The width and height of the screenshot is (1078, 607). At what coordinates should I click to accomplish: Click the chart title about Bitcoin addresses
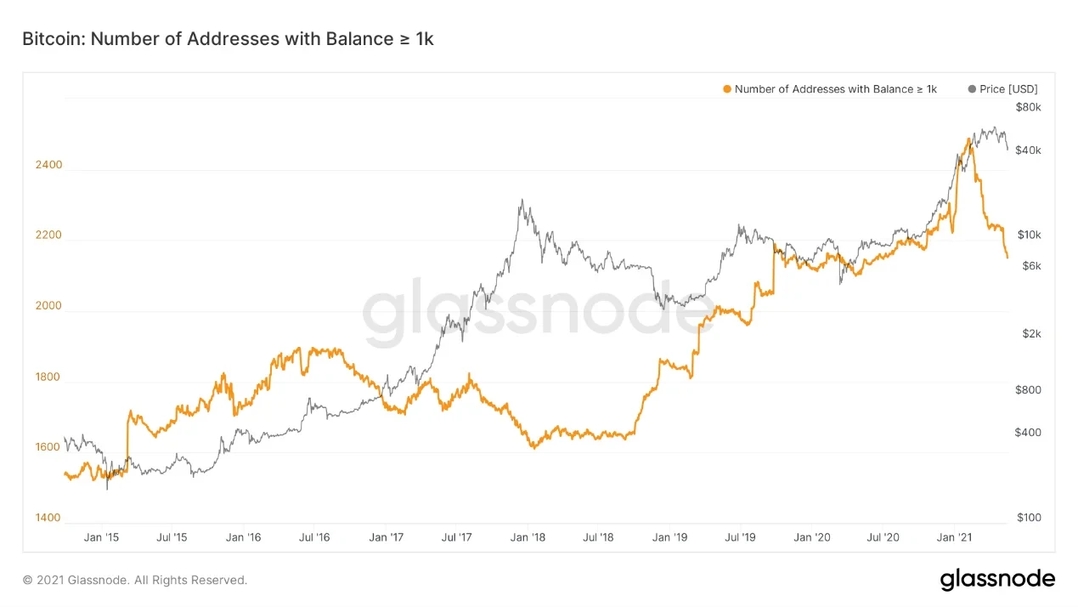228,38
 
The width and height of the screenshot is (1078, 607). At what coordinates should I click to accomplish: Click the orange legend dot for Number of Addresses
725,88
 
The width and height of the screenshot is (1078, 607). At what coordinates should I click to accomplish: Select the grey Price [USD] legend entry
1002,88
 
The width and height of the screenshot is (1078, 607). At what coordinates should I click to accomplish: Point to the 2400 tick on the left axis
48,165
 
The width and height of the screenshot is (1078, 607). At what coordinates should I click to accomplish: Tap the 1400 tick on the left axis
48,518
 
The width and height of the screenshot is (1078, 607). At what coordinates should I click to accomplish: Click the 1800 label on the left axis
48,377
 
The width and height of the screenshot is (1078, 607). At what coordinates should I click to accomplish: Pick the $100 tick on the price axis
1028,518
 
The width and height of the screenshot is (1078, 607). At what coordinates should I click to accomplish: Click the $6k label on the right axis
1031,266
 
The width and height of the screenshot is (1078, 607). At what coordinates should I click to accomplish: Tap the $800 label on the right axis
1028,390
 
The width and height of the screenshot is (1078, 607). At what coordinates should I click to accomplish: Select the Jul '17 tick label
457,537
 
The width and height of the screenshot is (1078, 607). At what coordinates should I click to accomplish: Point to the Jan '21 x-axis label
954,537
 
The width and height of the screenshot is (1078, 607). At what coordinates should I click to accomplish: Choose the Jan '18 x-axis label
528,537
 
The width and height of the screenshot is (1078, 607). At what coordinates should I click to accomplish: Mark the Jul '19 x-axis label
741,537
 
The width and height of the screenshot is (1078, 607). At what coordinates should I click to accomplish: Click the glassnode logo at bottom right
997,580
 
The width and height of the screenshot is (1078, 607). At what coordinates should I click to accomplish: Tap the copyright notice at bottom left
135,580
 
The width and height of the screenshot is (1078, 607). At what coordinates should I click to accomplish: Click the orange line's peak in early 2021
968,138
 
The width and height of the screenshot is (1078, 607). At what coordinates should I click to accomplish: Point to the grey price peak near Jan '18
521,201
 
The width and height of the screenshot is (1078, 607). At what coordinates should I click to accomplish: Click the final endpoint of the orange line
1007,257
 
